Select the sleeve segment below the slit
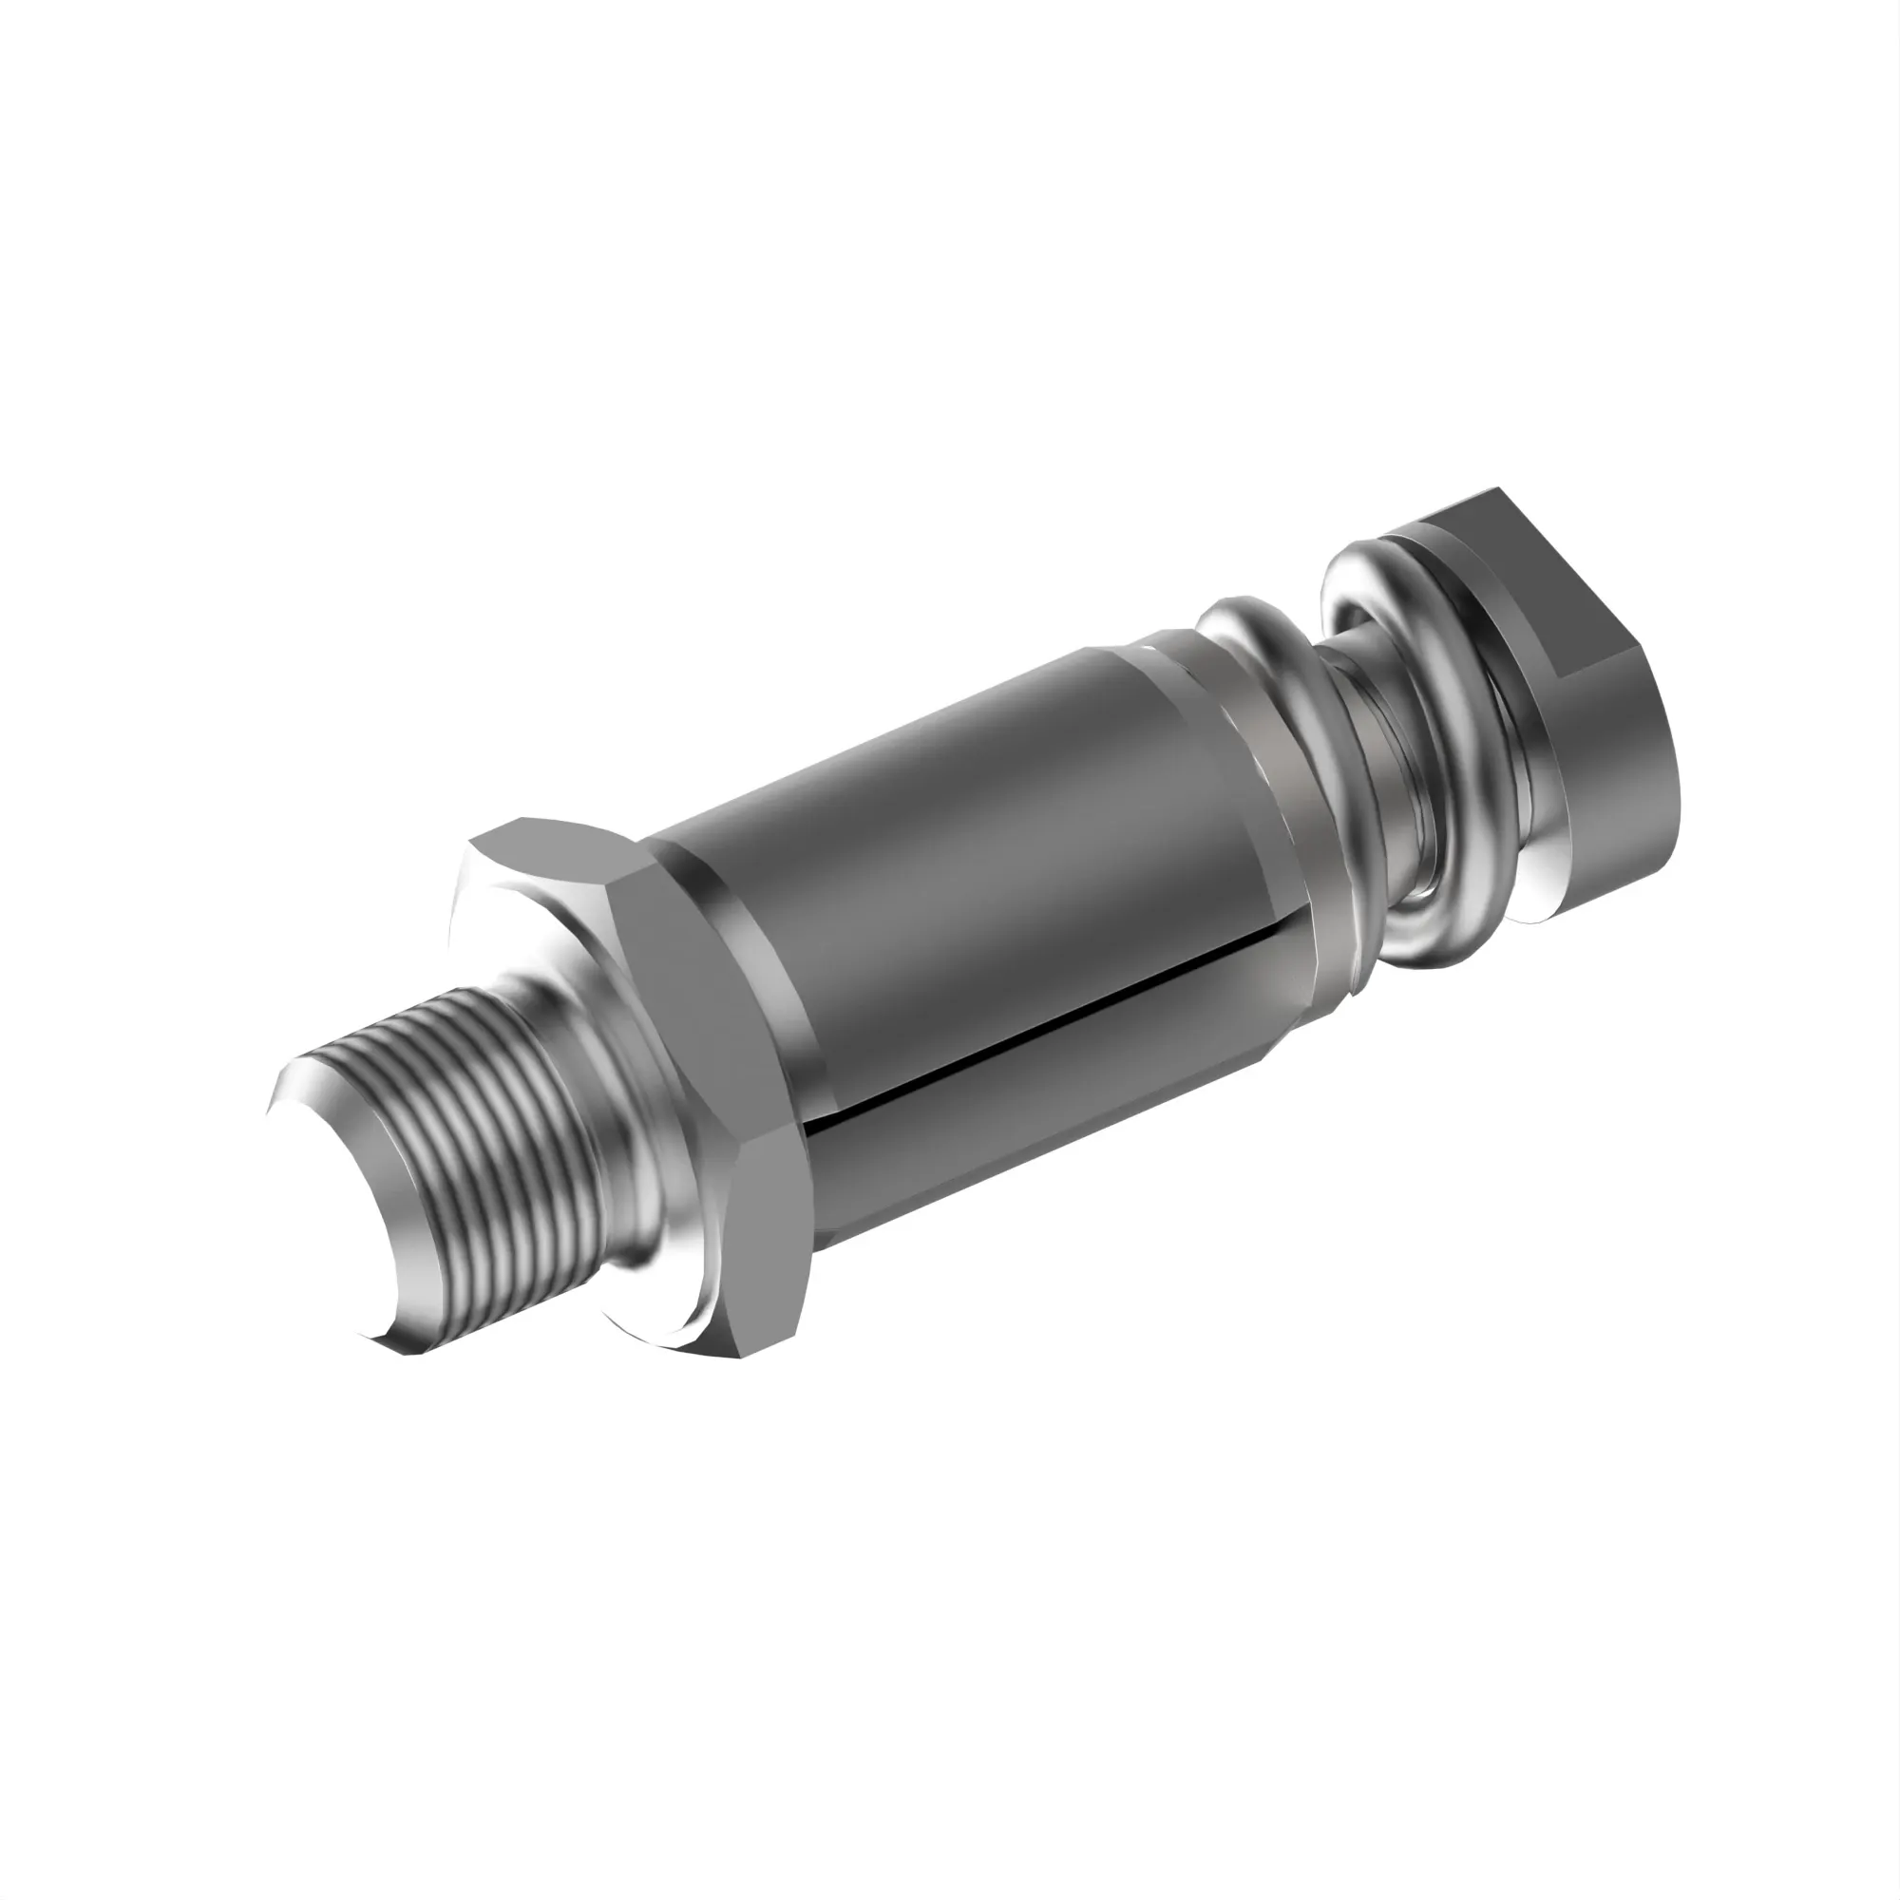click(1033, 1130)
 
